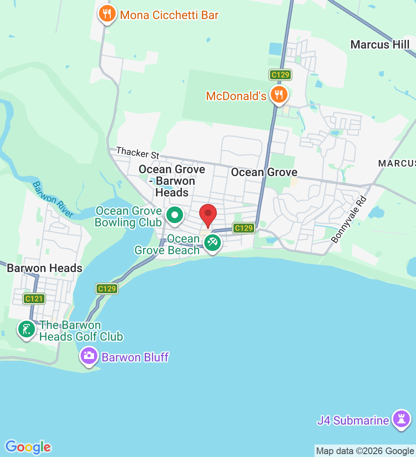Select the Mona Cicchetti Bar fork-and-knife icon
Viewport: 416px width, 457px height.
107,14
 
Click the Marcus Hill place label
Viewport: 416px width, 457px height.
380,44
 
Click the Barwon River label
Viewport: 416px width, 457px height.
53,200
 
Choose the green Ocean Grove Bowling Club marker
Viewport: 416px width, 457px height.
175,215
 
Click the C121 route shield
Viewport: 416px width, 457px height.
34,298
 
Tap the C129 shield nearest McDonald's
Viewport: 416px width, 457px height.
280,75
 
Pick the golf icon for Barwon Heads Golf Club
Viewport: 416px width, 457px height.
27,329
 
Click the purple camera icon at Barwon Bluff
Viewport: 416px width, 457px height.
89,356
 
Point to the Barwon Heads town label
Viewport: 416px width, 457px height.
45,268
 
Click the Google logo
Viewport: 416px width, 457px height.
28,447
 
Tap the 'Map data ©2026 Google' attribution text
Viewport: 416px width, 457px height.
365,451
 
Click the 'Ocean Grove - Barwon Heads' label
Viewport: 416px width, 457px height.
172,181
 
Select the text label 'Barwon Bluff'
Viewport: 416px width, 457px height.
135,357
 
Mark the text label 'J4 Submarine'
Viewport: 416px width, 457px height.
353,420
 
